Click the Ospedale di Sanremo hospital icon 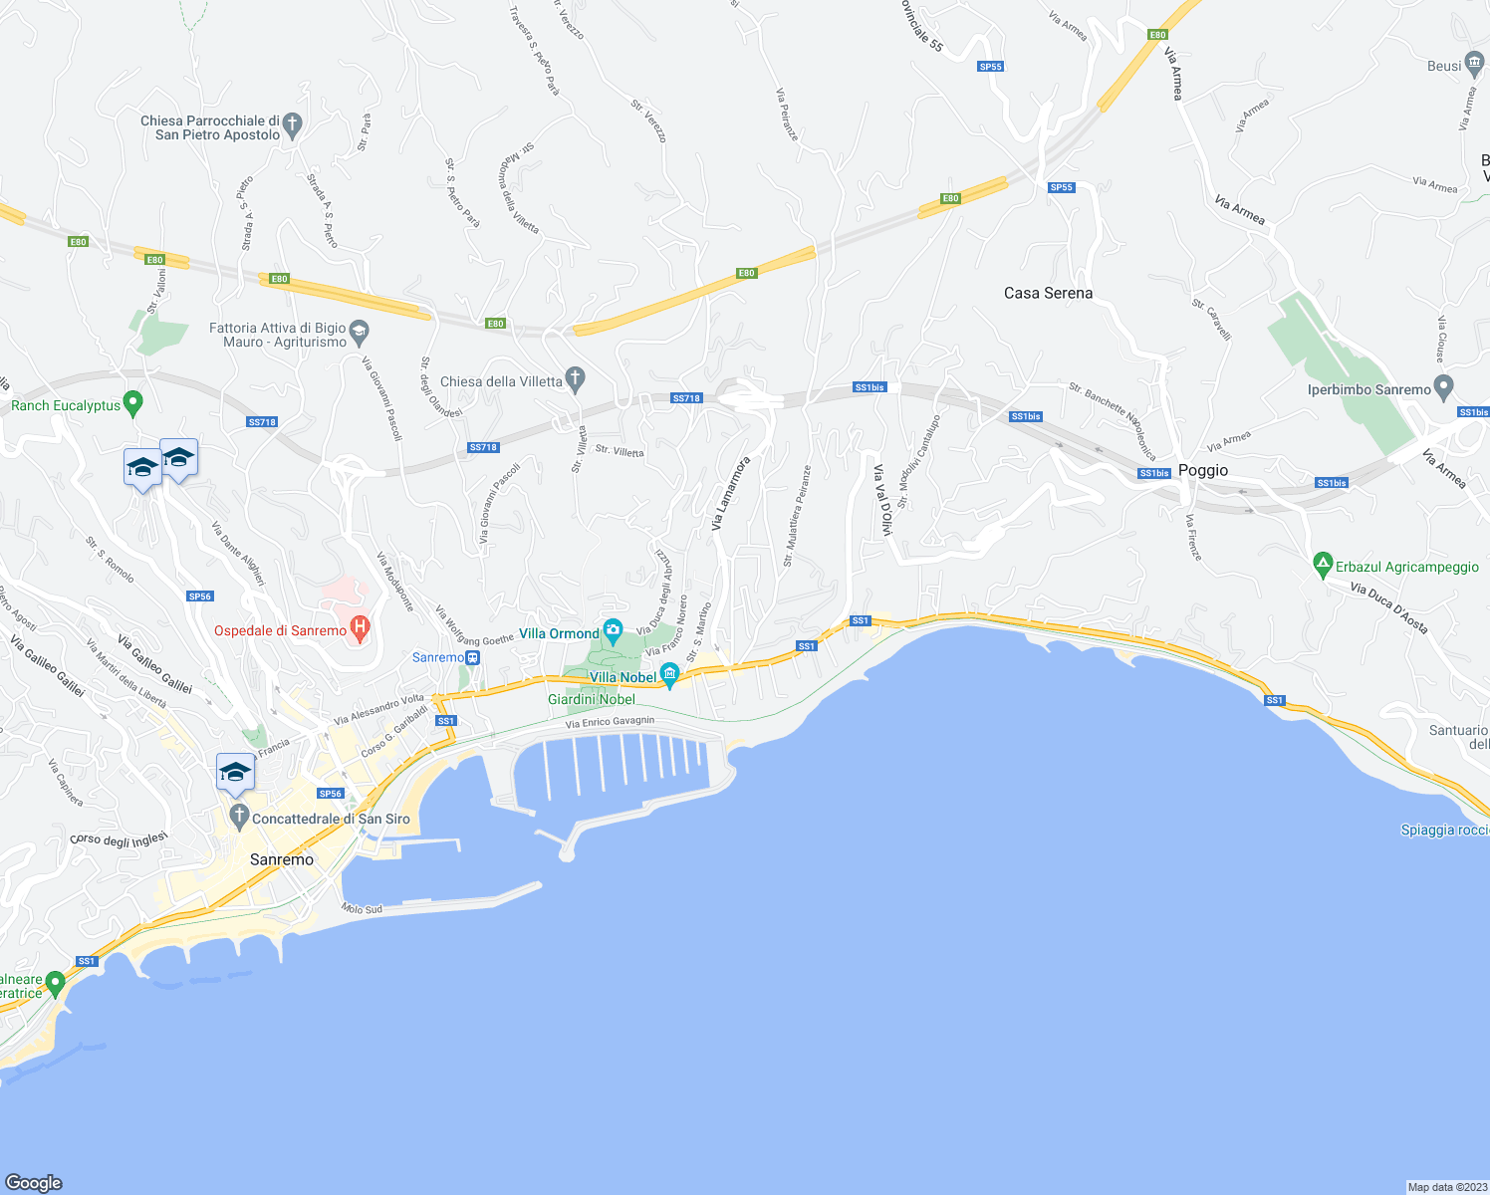361,628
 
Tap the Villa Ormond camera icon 613,630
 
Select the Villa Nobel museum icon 669,675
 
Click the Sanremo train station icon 473,657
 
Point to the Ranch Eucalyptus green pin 133,403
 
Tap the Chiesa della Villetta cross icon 575,378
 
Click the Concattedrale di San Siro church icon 238,817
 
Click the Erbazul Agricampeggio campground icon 1323,565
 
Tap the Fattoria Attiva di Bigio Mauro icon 360,331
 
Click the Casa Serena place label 1048,293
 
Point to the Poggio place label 1203,470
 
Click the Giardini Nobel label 592,699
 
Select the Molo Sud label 362,909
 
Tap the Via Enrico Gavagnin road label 611,722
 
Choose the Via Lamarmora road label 730,494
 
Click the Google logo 34,1182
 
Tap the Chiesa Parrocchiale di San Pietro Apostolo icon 291,125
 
